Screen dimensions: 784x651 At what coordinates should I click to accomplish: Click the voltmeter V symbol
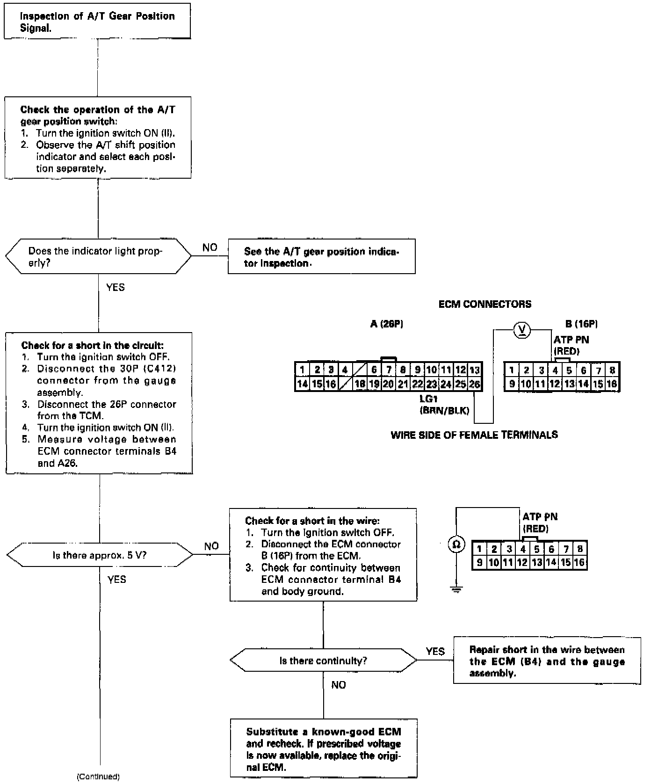tap(522, 331)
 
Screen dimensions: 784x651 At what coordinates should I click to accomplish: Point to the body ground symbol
tap(456, 589)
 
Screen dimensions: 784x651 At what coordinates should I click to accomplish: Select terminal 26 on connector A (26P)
tap(475, 385)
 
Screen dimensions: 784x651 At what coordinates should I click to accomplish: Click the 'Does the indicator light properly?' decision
tap(98, 257)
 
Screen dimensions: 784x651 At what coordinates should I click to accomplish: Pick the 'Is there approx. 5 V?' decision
tap(100, 555)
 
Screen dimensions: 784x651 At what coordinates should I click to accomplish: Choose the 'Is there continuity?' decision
tap(323, 661)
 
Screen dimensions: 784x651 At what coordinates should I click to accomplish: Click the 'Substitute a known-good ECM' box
tap(323, 749)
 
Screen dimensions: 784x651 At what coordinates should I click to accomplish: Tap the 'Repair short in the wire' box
tap(547, 661)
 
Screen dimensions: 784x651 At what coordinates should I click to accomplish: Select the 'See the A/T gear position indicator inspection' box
tap(321, 257)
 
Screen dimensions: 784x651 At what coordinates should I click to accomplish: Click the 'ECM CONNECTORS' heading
tap(485, 305)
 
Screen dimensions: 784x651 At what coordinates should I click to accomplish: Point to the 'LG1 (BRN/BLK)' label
tap(444, 405)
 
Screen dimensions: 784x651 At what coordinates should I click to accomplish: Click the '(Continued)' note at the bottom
tap(98, 777)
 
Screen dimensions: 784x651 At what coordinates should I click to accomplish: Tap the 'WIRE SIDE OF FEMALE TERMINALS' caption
tap(474, 435)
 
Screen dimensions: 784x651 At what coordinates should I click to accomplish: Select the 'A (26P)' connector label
tap(386, 324)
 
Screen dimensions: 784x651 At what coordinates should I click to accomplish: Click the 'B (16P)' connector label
tap(581, 324)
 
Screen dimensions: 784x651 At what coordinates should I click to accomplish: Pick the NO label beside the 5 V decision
tap(211, 546)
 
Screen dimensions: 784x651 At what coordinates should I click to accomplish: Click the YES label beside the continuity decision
tap(435, 651)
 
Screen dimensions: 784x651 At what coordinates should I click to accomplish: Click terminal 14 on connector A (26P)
tap(302, 385)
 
